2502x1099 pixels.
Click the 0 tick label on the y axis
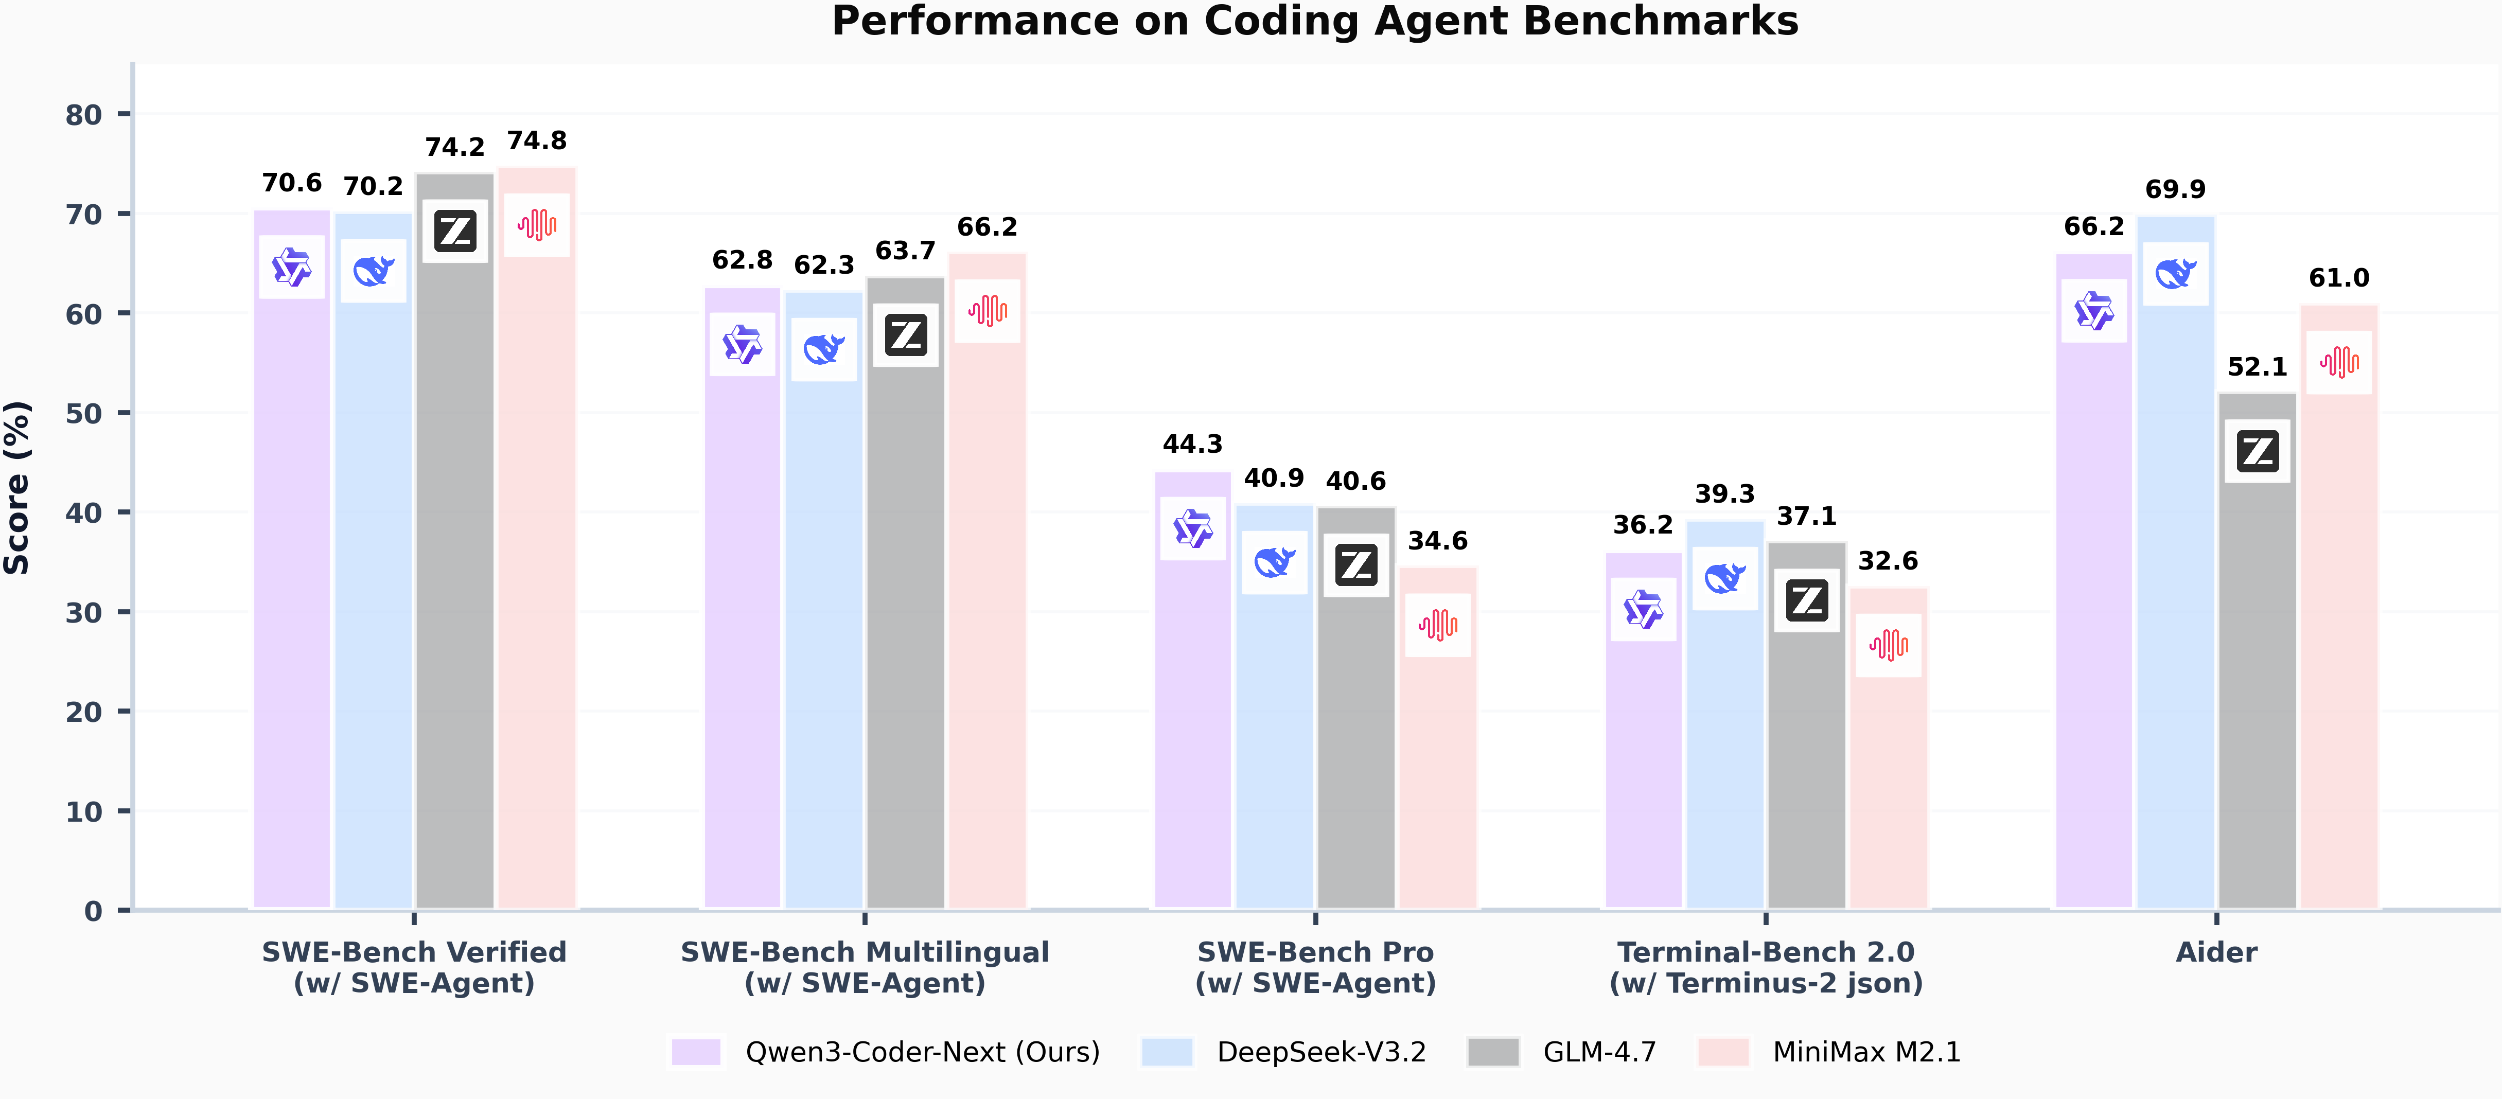(x=93, y=911)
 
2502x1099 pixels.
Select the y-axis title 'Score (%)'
(x=17, y=487)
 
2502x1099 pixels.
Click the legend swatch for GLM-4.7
(x=1493, y=1052)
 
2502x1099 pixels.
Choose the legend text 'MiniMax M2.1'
(x=1866, y=1052)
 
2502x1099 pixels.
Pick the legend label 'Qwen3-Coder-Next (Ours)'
(x=922, y=1052)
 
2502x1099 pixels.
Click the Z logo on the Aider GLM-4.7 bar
(x=2257, y=451)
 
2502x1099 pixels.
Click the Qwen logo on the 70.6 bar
(x=291, y=267)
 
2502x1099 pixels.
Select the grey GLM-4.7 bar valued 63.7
(x=905, y=631)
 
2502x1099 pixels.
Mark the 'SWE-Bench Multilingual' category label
(x=865, y=952)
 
